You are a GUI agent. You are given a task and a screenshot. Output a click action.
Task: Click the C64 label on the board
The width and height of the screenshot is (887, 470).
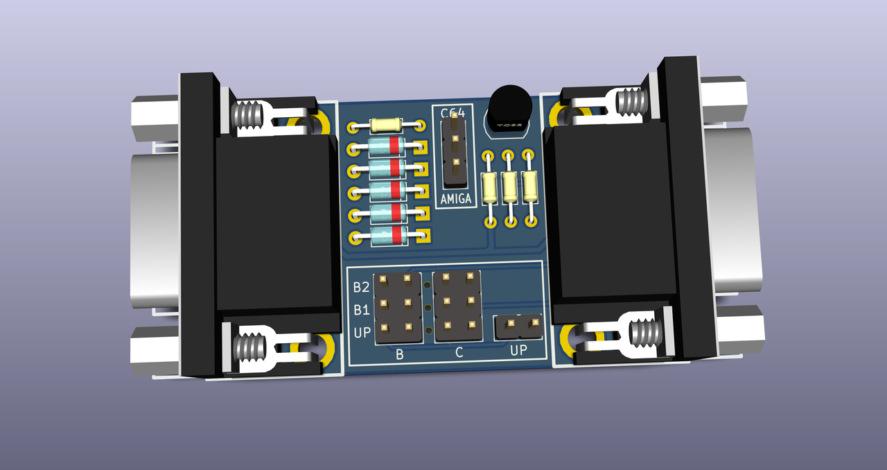tap(453, 112)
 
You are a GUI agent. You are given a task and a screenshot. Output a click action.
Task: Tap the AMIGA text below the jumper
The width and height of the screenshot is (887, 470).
tap(456, 199)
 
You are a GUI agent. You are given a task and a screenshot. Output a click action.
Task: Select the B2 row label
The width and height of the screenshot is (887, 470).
tap(361, 287)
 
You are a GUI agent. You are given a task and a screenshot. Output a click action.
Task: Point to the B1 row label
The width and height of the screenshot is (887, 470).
tap(361, 309)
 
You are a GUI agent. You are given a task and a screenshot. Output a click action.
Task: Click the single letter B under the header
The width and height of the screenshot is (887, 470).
tap(399, 354)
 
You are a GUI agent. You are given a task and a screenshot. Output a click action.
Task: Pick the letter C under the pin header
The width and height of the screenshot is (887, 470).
tap(459, 353)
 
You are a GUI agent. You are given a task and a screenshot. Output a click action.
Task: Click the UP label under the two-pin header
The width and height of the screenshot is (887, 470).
tap(518, 350)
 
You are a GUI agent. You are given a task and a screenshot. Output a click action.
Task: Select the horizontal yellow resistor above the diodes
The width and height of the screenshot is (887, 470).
tap(386, 125)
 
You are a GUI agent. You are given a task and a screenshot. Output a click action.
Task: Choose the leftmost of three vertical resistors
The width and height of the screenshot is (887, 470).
tap(489, 187)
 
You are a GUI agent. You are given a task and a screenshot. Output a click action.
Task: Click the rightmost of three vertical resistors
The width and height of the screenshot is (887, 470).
tap(531, 186)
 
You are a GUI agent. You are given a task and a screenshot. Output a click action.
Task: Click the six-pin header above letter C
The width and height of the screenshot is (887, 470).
tap(457, 306)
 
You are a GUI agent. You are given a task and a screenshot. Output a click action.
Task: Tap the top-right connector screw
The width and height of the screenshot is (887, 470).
tap(630, 102)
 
